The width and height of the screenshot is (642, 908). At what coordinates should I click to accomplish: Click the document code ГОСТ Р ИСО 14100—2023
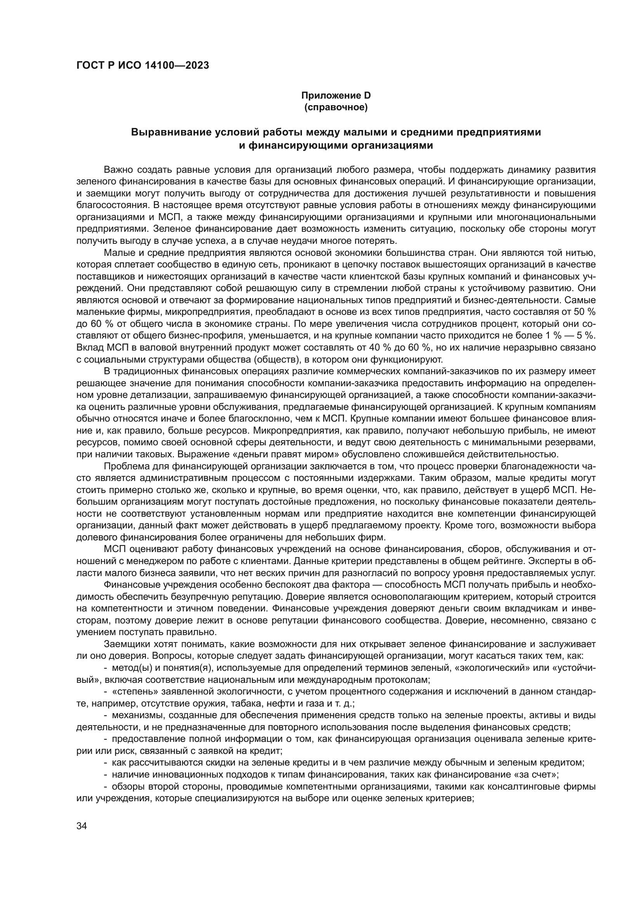142,66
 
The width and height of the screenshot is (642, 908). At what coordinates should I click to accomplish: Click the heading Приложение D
336,95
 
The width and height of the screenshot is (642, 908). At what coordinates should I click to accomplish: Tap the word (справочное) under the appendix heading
336,107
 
